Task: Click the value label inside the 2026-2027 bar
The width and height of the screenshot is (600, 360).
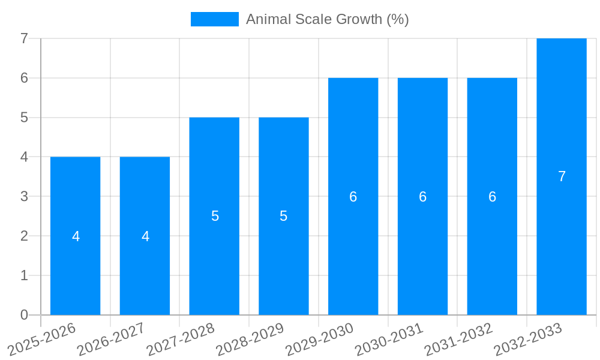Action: click(145, 236)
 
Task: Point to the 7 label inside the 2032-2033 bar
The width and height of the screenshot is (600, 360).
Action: click(562, 176)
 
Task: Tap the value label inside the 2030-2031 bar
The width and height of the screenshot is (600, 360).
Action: click(422, 197)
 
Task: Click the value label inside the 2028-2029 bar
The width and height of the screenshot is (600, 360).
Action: click(284, 216)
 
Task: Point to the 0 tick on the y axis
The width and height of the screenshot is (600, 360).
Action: click(24, 315)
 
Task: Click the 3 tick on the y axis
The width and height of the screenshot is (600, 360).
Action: click(24, 196)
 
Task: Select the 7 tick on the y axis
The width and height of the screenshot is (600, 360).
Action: click(24, 38)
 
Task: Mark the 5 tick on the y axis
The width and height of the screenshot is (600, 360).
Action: click(24, 118)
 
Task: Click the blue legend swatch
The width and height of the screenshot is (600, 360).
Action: click(214, 19)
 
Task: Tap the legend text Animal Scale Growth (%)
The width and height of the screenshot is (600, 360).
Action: click(327, 19)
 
